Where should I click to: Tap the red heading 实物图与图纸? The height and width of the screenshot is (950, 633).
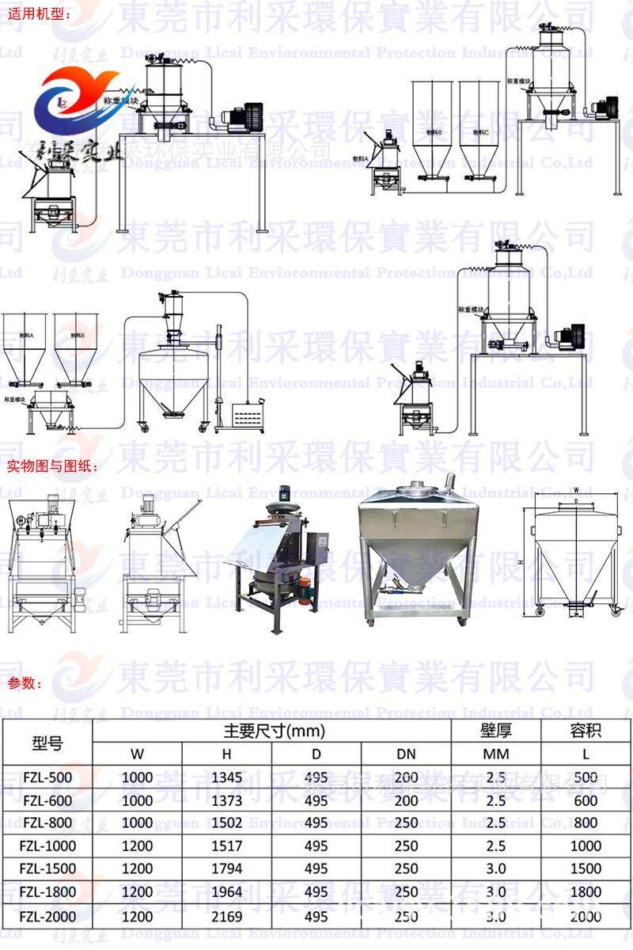pos(51,466)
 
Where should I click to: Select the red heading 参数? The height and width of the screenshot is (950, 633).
pos(25,684)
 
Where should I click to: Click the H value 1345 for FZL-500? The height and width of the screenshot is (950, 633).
pos(227,777)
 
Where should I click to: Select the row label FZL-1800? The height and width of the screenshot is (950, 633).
pos(48,892)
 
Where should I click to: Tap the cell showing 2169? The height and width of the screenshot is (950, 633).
pos(227,916)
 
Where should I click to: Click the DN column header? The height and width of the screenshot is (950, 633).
pos(406,753)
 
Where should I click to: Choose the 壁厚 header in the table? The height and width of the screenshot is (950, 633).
pos(496,731)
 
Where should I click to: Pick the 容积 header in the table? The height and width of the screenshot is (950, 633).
pos(586,731)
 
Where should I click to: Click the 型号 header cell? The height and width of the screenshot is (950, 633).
pos(48,743)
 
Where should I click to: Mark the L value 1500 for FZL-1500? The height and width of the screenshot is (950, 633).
pos(586,869)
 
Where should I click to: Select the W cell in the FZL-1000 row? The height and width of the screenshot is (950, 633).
pos(138,846)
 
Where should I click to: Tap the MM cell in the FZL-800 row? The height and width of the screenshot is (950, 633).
pos(496,823)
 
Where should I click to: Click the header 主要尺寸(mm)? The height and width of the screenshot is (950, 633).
pos(272,731)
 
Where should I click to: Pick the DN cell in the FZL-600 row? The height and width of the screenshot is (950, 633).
pos(406,800)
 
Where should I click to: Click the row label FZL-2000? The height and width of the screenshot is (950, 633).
pos(48,916)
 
